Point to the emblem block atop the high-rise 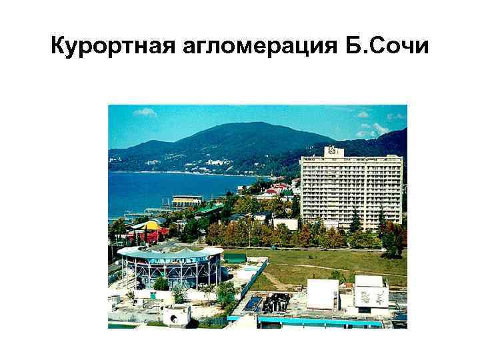coord(334,151)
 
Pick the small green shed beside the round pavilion coord(235,257)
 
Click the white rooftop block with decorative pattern coord(371,291)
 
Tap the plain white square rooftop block coord(323,293)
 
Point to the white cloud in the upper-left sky coord(145,113)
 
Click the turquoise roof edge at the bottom coord(320,322)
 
